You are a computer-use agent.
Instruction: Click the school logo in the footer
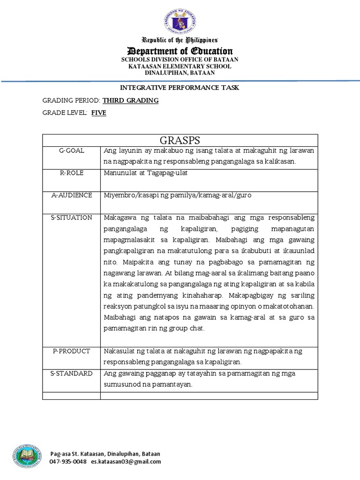pos(27,456)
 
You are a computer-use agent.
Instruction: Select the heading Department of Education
pos(180,51)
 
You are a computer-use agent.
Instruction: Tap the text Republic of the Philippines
pos(180,40)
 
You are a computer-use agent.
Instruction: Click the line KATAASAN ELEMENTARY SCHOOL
pos(180,66)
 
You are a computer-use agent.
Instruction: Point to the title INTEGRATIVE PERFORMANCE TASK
pos(180,88)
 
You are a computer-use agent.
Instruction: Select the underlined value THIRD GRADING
pos(130,100)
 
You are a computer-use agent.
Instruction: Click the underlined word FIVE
pos(98,113)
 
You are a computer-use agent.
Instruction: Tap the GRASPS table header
pos(180,140)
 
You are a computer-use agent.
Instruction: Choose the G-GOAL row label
pos(71,150)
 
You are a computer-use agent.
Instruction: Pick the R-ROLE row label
pos(71,172)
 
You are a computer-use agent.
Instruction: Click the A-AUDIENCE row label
pos(72,195)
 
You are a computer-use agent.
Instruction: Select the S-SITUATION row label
pos(72,217)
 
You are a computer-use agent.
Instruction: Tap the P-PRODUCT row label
pos(71,351)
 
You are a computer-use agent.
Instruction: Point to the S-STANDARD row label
pos(72,373)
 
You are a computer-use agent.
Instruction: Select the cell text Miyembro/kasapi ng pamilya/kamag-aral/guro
pos(178,195)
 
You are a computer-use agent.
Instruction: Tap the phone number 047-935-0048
pos(68,461)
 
